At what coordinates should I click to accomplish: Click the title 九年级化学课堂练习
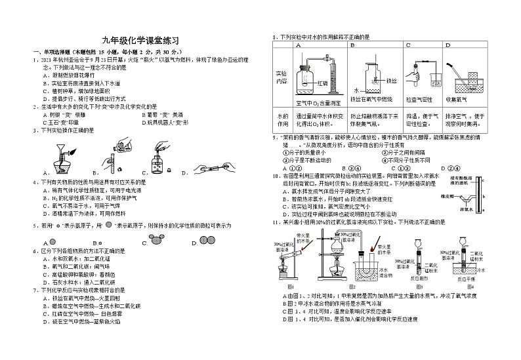pos(140,41)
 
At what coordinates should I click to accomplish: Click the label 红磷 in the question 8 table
pos(322,83)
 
